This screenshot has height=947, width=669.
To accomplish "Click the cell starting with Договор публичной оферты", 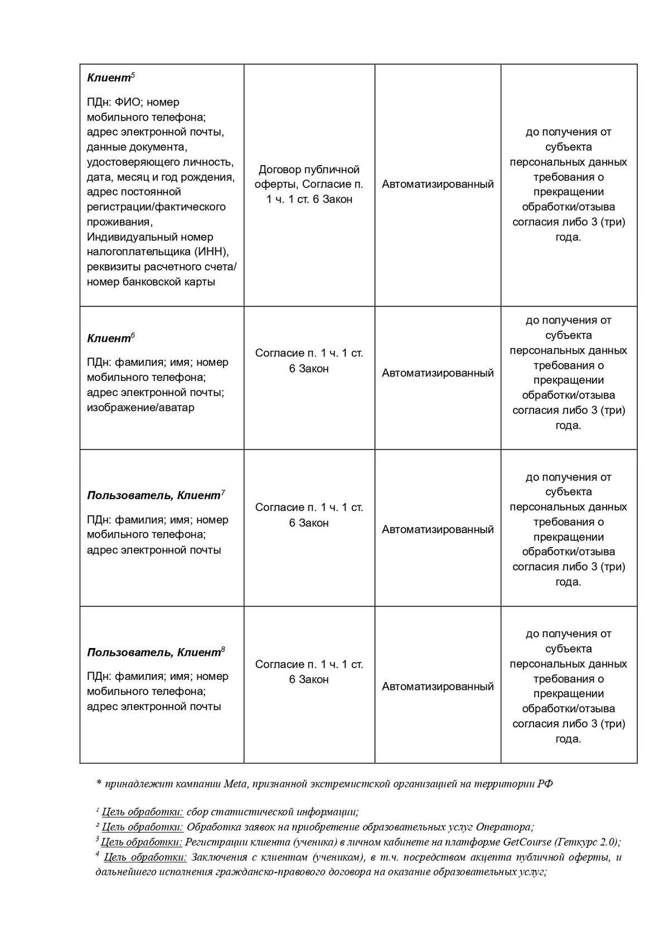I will point(309,184).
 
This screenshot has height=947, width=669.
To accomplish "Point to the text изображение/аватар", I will point(140,407).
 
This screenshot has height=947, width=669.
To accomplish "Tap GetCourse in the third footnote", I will point(527,842).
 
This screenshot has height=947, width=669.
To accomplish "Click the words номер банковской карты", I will point(151,282).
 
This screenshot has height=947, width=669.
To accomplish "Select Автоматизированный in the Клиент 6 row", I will point(438,373).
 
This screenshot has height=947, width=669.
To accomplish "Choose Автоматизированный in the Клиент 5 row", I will point(438,184).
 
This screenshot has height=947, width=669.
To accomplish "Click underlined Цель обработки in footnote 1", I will point(143,812).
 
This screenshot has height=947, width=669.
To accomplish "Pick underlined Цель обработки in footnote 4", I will point(145,857).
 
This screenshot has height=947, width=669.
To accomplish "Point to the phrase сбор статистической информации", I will point(272,812).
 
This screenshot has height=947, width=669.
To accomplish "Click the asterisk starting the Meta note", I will point(99,784).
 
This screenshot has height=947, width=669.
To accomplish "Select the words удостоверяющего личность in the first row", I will point(160,162).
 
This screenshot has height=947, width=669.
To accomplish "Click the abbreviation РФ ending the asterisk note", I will point(545,784).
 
